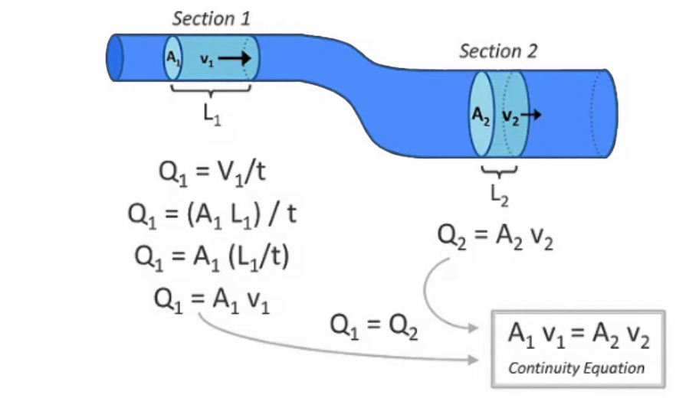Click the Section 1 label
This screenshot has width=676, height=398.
point(212,18)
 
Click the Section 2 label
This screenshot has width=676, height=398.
point(498,51)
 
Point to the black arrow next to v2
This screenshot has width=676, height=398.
point(533,115)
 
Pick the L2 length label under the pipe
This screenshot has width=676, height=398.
point(500,194)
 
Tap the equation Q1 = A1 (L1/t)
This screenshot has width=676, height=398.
point(212,256)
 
